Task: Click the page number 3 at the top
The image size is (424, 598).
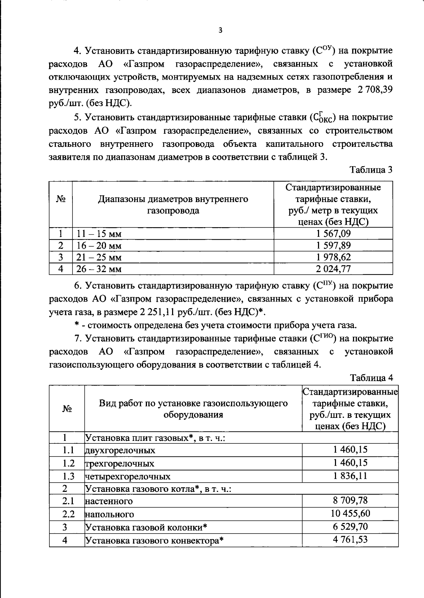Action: coord(220,30)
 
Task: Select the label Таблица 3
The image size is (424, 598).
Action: coord(371,170)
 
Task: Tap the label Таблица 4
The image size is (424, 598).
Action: coord(371,378)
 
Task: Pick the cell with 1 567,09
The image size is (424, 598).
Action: coord(333,234)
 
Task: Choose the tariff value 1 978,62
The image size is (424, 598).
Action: coord(333,257)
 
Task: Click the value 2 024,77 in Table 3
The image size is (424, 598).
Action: coord(333,269)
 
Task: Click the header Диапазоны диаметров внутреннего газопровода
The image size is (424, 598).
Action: coord(173,205)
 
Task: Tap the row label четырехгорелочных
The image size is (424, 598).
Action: coord(128,477)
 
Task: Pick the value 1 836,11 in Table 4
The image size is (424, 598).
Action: coord(350,476)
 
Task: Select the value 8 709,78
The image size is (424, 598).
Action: coord(350,500)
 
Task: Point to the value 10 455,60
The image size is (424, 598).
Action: coord(350,513)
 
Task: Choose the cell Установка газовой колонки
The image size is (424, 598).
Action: coord(146,528)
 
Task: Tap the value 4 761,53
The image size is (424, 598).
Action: coord(350,540)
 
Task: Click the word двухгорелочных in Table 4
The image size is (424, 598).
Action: coord(120,450)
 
